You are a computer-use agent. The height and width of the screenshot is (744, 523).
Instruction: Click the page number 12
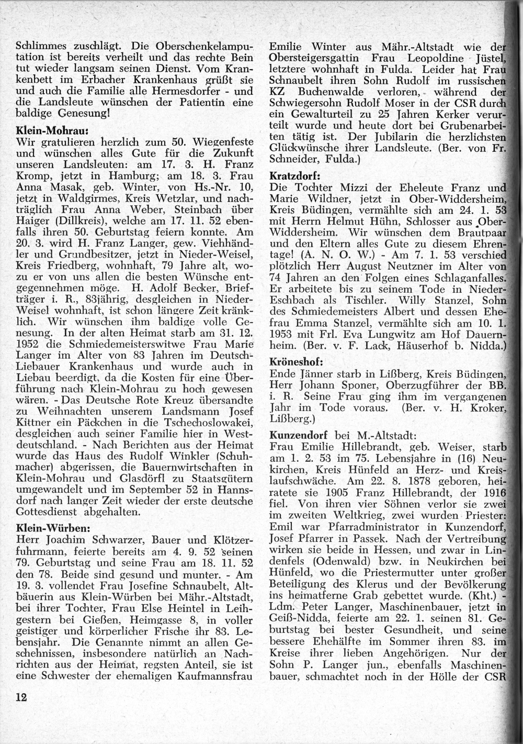point(21,697)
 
